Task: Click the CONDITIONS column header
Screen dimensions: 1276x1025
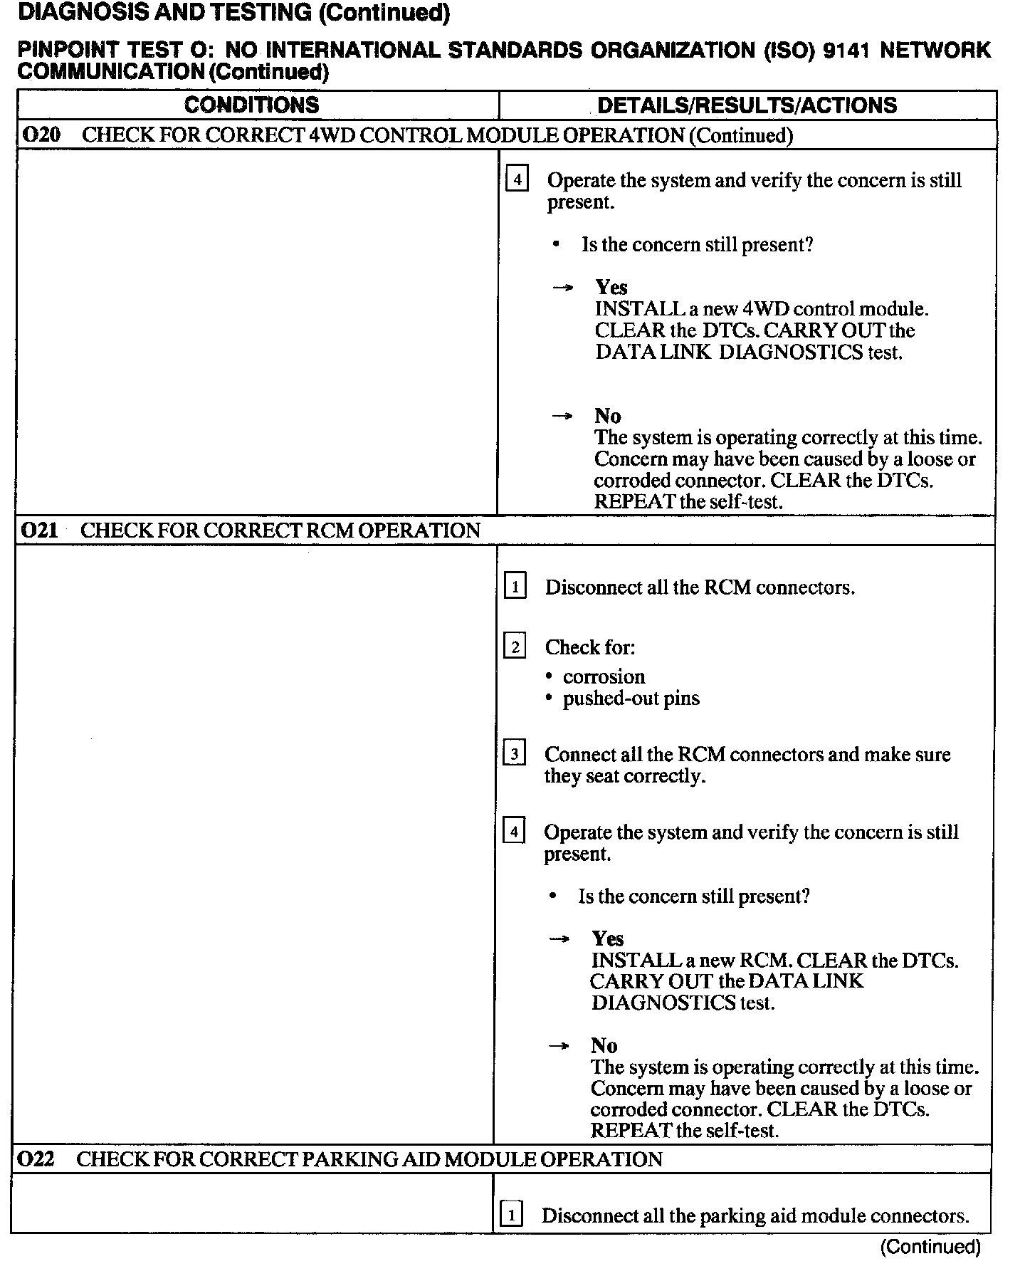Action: [252, 105]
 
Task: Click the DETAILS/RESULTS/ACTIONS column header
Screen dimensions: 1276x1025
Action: [747, 105]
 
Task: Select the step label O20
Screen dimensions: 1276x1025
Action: [41, 135]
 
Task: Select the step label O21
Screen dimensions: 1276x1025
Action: [40, 530]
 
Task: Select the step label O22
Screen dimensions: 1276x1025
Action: [36, 1159]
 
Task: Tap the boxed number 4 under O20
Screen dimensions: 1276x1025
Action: [517, 179]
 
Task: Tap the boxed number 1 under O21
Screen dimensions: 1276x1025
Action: [515, 587]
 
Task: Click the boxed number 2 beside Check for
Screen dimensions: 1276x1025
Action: [515, 647]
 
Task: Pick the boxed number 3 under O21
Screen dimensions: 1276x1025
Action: [515, 754]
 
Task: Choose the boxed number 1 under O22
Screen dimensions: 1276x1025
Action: [511, 1215]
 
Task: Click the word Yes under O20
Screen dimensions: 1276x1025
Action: [611, 288]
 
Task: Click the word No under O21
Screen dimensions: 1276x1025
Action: [604, 1045]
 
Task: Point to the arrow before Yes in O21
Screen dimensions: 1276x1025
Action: [559, 939]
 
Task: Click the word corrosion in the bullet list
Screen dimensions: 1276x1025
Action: [604, 676]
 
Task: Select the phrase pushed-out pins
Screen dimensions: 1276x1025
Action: [631, 698]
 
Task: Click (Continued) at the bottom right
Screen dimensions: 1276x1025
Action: [930, 1246]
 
